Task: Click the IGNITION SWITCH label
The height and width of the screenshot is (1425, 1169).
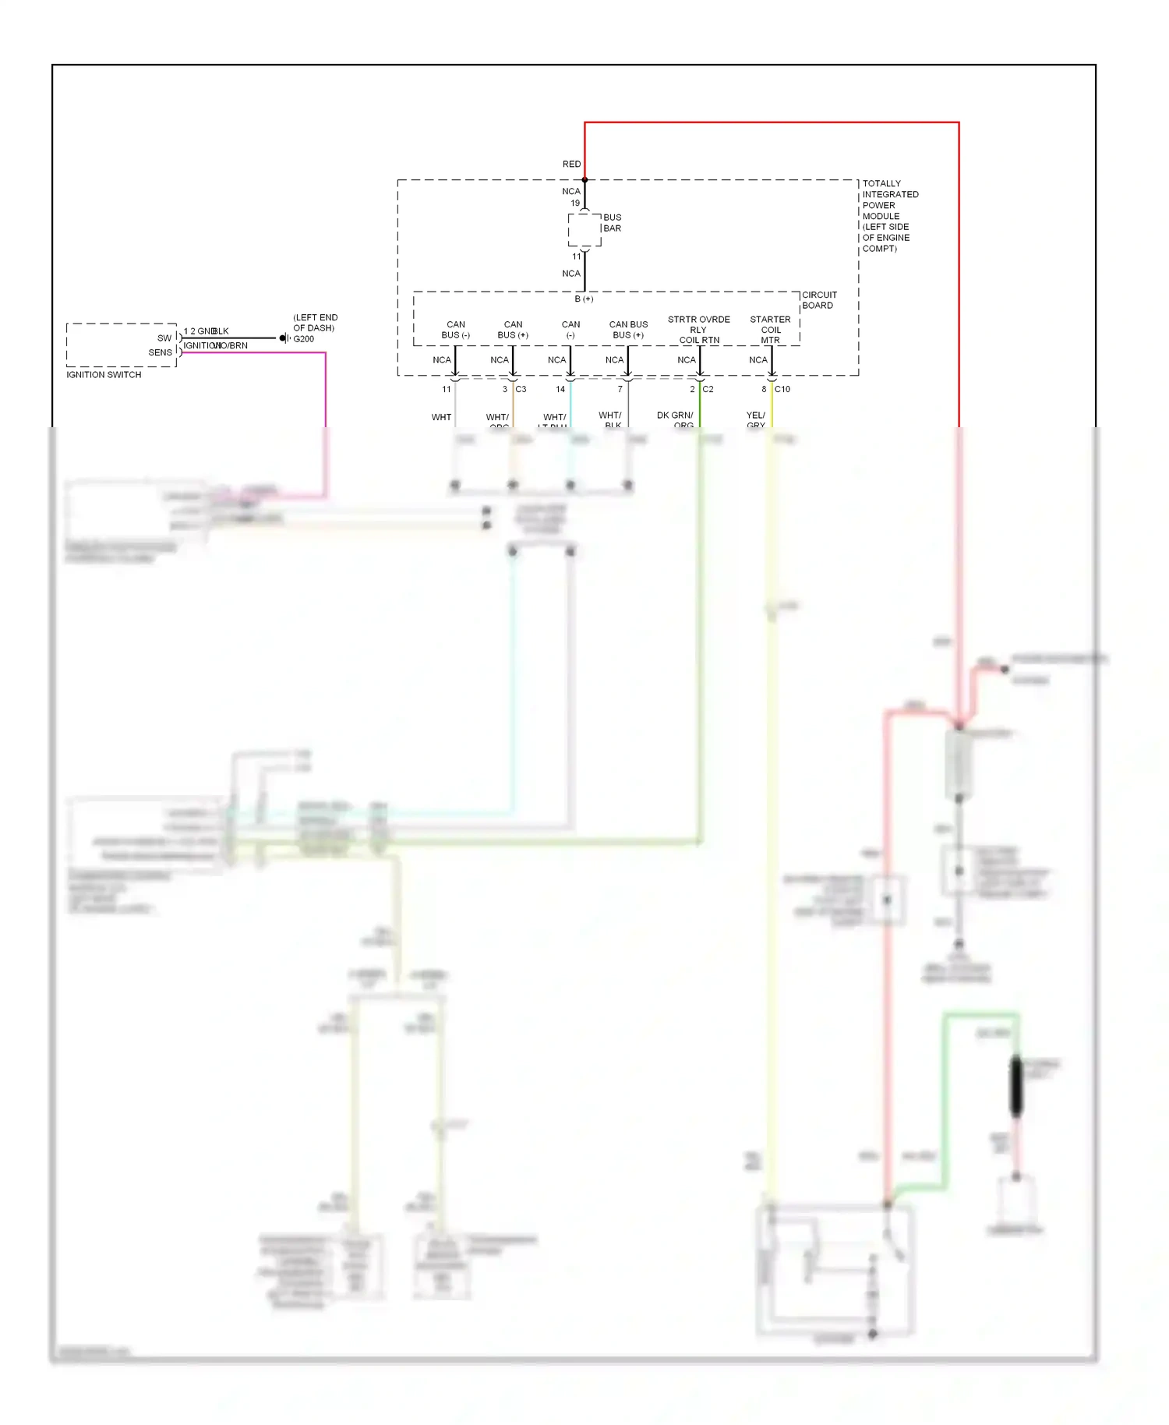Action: click(x=104, y=375)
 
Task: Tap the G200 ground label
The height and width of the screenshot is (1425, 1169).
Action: click(x=304, y=339)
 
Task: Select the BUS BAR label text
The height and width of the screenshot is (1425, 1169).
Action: click(x=612, y=223)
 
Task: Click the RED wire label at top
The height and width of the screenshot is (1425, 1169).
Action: click(x=571, y=164)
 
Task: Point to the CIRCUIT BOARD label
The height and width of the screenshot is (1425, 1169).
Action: click(x=818, y=300)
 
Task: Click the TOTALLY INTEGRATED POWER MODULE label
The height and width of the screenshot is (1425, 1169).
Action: click(x=889, y=216)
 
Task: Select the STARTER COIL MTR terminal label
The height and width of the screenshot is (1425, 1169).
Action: click(x=770, y=330)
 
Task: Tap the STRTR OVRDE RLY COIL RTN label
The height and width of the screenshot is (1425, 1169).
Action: click(x=699, y=330)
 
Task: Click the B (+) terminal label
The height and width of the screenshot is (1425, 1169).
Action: click(x=584, y=299)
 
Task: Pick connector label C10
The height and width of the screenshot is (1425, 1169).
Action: click(x=782, y=389)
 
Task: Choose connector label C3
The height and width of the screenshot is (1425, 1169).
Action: click(x=521, y=389)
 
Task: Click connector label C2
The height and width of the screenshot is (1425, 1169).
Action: click(x=708, y=389)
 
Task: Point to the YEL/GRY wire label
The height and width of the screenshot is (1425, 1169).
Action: click(x=756, y=419)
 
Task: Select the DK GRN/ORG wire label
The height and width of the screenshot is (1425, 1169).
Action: click(x=676, y=419)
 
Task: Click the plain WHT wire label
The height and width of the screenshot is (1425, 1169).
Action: click(x=441, y=417)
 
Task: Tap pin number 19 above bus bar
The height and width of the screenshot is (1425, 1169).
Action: click(x=575, y=203)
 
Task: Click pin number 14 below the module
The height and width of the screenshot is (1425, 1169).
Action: click(x=560, y=389)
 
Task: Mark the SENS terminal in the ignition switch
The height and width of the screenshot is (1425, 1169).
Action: click(x=161, y=352)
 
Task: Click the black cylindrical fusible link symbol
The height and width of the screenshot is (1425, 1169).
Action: click(x=1015, y=1085)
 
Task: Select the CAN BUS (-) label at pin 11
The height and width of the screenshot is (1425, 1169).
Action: click(x=455, y=330)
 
